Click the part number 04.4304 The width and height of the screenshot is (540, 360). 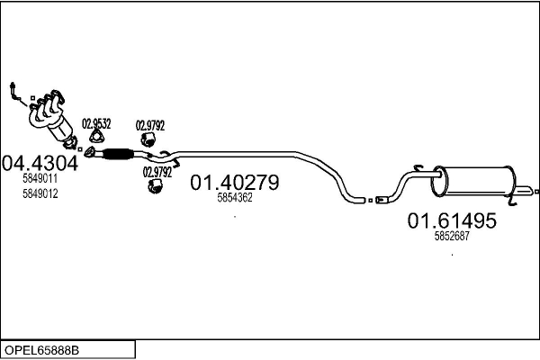pyautogui.click(x=40, y=163)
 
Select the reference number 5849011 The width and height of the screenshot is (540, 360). pyautogui.click(x=40, y=178)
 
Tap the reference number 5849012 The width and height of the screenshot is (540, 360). pyautogui.click(x=40, y=193)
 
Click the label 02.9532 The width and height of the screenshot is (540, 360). pyautogui.click(x=96, y=123)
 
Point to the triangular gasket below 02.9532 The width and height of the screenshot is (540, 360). pyautogui.click(x=97, y=137)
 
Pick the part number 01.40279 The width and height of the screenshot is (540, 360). pyautogui.click(x=235, y=182)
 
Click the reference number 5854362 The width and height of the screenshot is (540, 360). pyautogui.click(x=235, y=197)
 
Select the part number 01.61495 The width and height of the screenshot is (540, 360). pyautogui.click(x=452, y=220)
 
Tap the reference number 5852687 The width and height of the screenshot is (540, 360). pyautogui.click(x=452, y=236)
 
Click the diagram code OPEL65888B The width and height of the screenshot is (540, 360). pyautogui.click(x=41, y=350)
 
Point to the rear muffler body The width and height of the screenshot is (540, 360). pyautogui.click(x=473, y=181)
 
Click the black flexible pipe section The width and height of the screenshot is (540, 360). pyautogui.click(x=118, y=154)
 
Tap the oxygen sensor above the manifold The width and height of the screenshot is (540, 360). pyautogui.click(x=15, y=93)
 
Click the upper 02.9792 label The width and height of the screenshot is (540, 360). pyautogui.click(x=150, y=125)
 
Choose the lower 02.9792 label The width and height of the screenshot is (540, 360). pyautogui.click(x=157, y=172)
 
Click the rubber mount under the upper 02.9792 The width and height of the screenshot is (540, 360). pyautogui.click(x=148, y=139)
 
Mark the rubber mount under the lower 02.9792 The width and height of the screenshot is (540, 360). pyautogui.click(x=155, y=186)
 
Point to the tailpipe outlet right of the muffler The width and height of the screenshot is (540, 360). pyautogui.click(x=526, y=191)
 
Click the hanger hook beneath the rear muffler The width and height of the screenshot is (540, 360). pyautogui.click(x=512, y=200)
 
